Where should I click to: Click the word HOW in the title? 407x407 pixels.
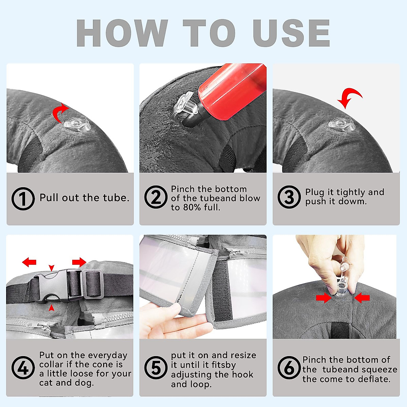[x=122, y=33]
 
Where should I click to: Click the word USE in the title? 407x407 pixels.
[x=291, y=33]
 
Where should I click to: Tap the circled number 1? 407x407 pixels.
[x=23, y=198]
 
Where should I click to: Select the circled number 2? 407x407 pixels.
[x=156, y=197]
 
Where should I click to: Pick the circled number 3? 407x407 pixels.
[x=289, y=197]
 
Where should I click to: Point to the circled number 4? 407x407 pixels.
[x=23, y=368]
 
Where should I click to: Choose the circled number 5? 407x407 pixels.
[x=156, y=368]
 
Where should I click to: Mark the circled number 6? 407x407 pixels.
[x=289, y=368]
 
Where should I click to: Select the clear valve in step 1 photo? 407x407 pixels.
[x=77, y=124]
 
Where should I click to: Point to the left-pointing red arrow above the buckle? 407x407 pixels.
[x=29, y=262]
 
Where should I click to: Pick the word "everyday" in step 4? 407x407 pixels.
[x=108, y=356]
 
